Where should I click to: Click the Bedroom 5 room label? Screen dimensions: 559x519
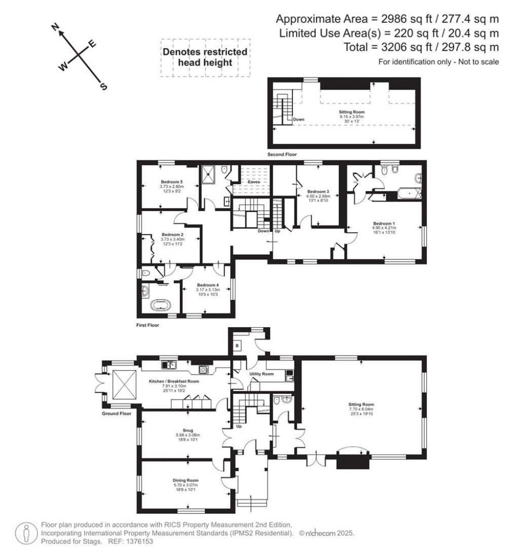[x=171, y=182]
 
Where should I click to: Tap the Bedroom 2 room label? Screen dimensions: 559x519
[x=172, y=234]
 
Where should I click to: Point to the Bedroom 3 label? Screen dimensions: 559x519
[x=318, y=191]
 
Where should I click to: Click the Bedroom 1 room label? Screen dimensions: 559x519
[x=384, y=223]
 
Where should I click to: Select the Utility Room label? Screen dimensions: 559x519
[x=261, y=374]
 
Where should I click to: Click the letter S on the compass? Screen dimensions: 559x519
[x=104, y=87]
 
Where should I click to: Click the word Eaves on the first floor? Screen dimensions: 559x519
[x=254, y=182]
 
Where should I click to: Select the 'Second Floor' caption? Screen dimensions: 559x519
[x=282, y=154]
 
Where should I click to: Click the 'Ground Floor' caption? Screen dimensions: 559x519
[x=116, y=413]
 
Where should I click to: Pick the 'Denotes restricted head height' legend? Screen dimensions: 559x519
[x=205, y=57]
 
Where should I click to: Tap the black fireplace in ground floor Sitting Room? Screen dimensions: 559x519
[x=347, y=461]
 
